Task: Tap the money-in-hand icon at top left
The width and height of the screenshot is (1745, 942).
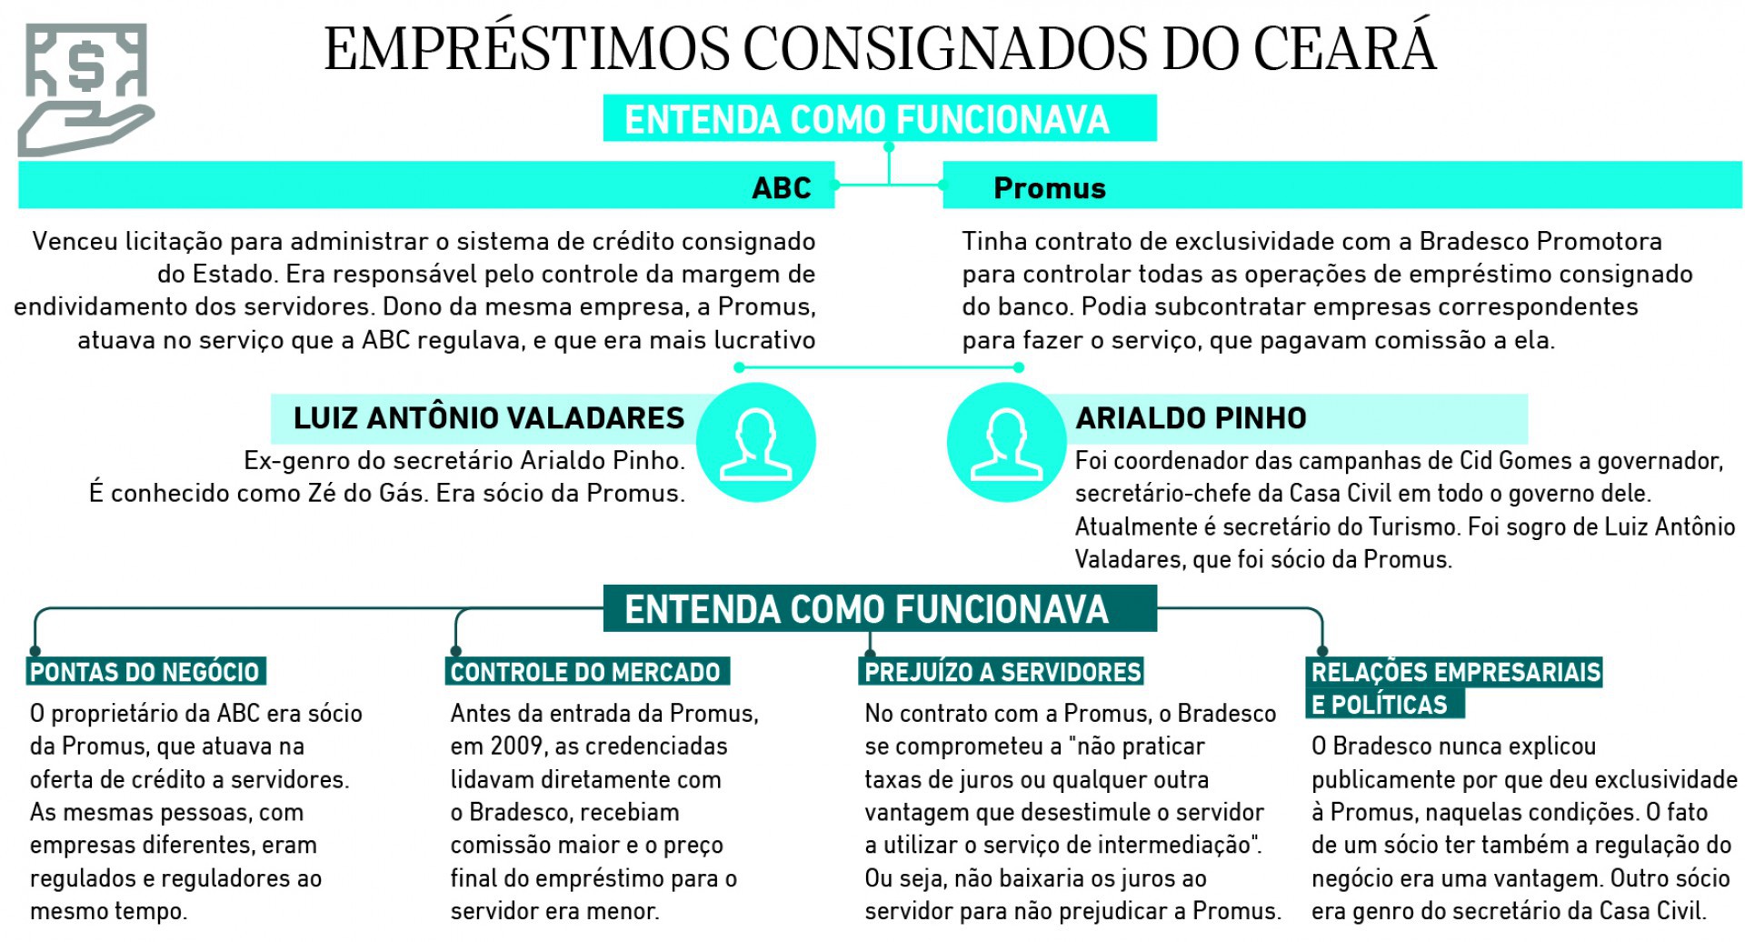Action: (85, 89)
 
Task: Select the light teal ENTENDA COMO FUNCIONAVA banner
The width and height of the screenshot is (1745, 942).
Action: (879, 119)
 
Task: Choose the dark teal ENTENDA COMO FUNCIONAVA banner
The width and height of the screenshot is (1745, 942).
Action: (879, 609)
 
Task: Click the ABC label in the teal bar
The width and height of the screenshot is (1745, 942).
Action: (781, 187)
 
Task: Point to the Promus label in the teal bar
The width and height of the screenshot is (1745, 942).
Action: (1049, 188)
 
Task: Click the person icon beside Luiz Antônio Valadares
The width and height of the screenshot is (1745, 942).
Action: (755, 443)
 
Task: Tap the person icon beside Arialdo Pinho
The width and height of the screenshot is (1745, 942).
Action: (1006, 443)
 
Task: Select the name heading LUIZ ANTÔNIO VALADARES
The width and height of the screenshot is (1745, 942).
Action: (488, 418)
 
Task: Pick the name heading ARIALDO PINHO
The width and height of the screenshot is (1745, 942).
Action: (1191, 418)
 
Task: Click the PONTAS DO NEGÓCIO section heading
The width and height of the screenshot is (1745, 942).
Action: (145, 672)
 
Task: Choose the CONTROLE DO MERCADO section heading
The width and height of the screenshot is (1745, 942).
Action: (586, 672)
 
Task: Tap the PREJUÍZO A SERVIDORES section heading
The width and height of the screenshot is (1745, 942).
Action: (1002, 672)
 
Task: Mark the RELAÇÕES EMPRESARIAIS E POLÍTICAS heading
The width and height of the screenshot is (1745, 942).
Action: (1454, 687)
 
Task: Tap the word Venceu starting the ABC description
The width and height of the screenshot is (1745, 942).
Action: (72, 242)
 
